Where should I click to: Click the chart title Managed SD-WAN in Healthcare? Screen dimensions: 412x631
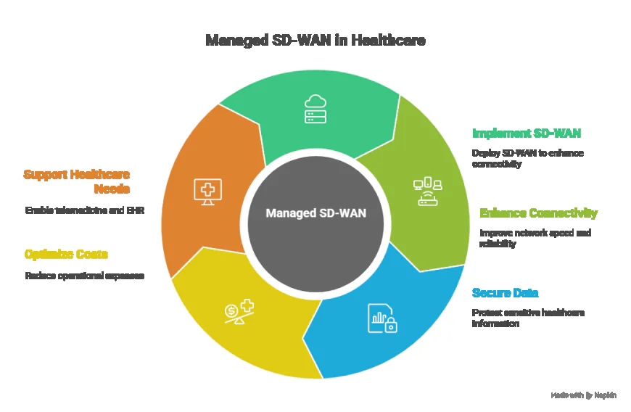pyautogui.click(x=315, y=41)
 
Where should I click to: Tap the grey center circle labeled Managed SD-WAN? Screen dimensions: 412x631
pyautogui.click(x=315, y=213)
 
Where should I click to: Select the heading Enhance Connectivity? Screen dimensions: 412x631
pyautogui.click(x=538, y=213)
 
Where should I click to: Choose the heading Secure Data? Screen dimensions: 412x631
pyautogui.click(x=505, y=293)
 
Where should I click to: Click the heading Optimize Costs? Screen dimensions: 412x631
pyautogui.click(x=66, y=254)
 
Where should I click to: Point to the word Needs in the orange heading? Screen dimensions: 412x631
pyautogui.click(x=112, y=189)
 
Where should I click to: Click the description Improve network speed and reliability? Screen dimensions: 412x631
pyautogui.click(x=535, y=239)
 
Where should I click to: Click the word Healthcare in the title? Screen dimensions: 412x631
pyautogui.click(x=388, y=41)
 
